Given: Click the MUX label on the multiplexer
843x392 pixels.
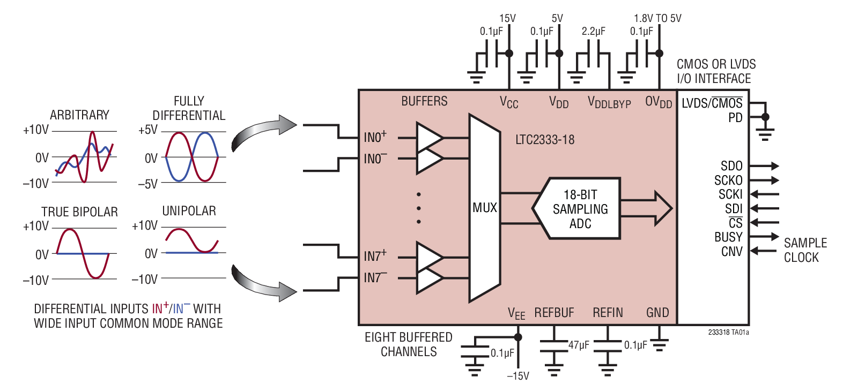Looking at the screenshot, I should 484,208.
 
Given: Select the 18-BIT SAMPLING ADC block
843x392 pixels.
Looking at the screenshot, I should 580,209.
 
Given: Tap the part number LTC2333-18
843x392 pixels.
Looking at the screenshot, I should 544,140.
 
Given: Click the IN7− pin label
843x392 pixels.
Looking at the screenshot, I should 375,277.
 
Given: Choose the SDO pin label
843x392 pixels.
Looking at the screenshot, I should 731,166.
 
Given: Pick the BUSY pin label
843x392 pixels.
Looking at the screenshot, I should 728,237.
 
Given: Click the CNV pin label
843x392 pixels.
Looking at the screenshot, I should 731,251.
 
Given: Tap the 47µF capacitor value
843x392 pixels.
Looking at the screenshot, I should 579,345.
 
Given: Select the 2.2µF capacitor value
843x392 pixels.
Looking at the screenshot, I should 593,32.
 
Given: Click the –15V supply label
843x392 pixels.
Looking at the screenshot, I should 518,376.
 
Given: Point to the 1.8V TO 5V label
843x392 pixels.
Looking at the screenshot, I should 657,18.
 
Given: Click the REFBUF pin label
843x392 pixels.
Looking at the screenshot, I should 554,313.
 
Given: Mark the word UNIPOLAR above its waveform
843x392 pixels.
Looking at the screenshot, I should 189,211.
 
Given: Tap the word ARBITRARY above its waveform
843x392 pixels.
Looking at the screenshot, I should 79,115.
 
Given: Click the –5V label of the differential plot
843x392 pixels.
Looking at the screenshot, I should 148,184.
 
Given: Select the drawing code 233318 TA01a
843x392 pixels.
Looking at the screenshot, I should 728,332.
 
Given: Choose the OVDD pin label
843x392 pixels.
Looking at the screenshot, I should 658,102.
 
